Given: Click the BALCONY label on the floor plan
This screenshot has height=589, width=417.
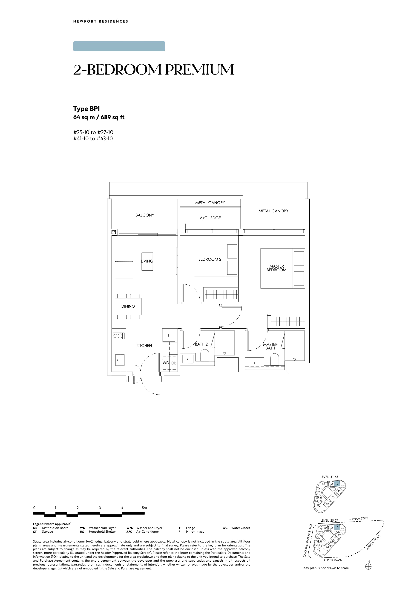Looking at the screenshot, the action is point(145,215).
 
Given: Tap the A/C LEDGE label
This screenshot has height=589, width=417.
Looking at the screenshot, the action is point(210,218).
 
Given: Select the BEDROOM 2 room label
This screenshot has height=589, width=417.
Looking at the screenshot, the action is point(210,260).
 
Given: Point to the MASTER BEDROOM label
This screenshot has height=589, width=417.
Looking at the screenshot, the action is point(276,268).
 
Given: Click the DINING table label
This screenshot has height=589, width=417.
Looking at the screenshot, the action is point(128,306).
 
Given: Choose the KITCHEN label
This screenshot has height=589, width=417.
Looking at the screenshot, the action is point(144,346).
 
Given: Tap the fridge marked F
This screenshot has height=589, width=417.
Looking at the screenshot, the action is point(169,335).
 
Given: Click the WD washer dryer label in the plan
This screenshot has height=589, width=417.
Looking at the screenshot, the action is point(166,363).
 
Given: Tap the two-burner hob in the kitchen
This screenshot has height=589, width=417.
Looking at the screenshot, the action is point(119,336).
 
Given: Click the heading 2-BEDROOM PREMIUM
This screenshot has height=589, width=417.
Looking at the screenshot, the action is point(154,70).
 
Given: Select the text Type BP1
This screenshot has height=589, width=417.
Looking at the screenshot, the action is point(86,109).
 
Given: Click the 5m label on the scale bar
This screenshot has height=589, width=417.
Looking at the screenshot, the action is point(144,508).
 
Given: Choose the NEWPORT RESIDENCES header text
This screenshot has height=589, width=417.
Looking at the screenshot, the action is point(101,21).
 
